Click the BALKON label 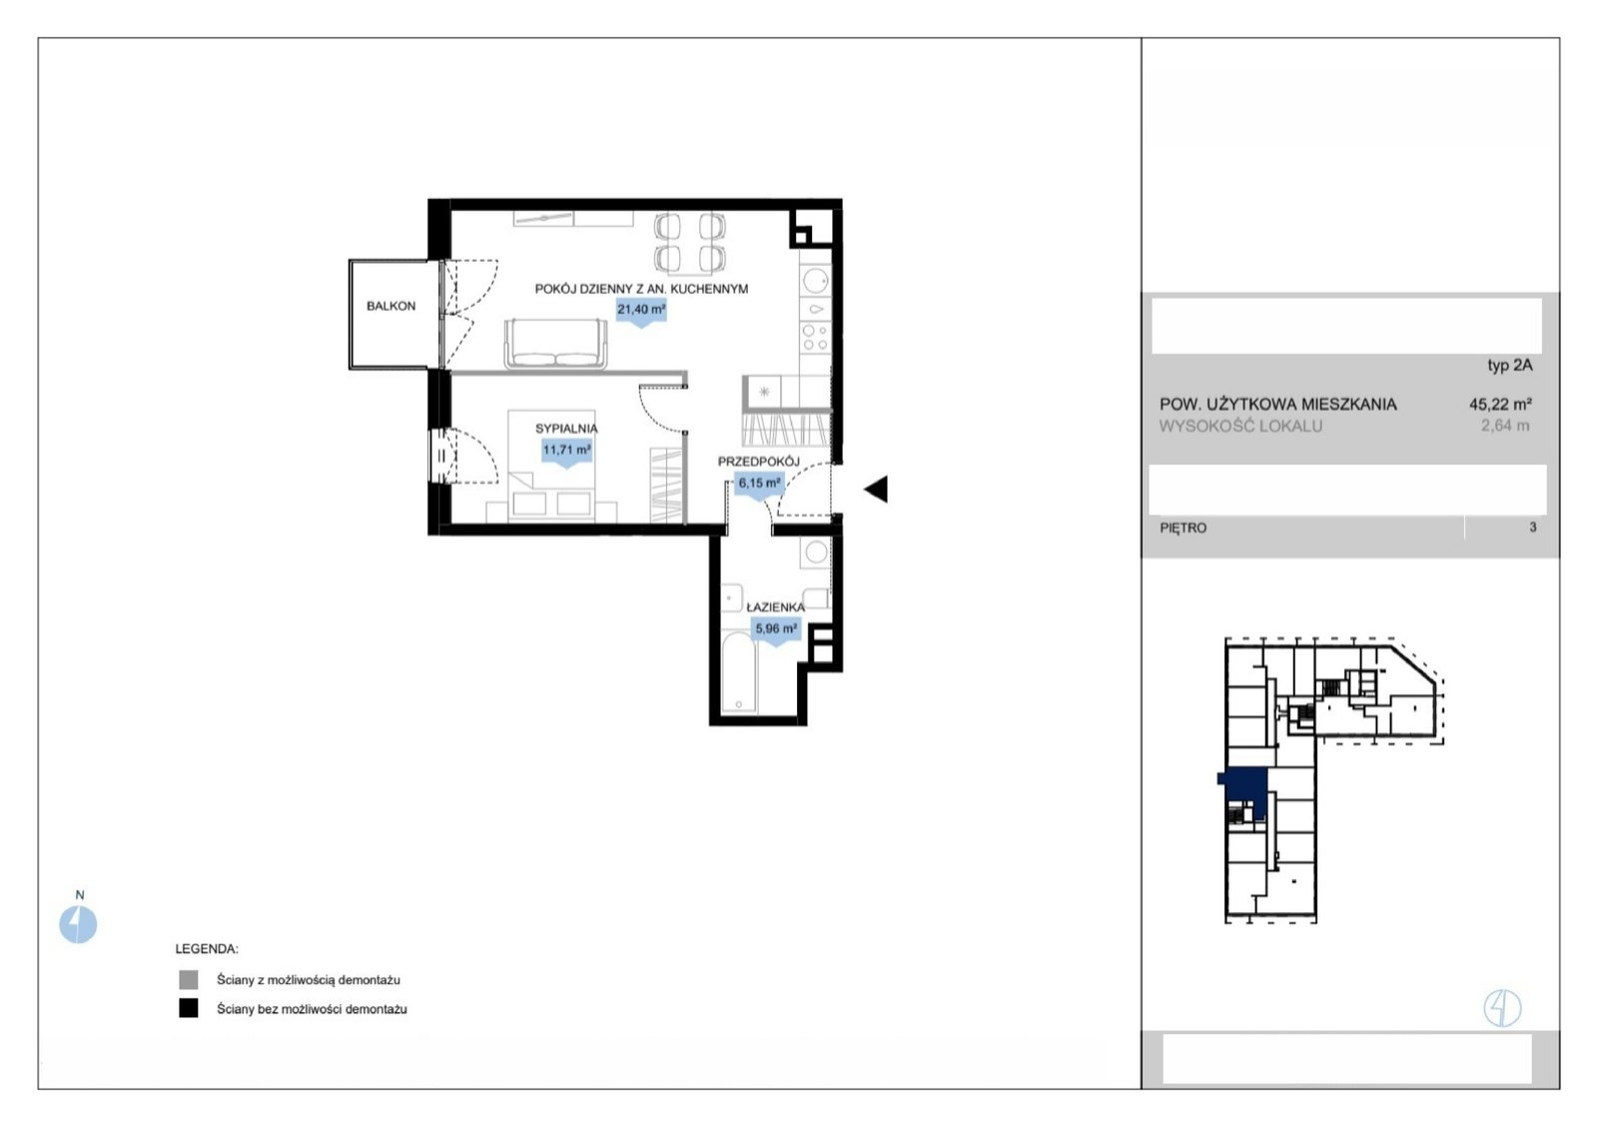click(391, 306)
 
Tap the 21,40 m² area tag click(641, 311)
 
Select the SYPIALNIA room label click(566, 429)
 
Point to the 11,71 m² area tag click(566, 452)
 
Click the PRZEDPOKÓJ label click(758, 462)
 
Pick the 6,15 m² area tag click(759, 485)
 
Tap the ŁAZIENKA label click(775, 607)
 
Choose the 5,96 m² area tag click(776, 630)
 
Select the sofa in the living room click(555, 344)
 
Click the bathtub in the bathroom click(738, 671)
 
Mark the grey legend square click(189, 980)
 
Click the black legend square click(189, 1008)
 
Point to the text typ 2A click(1509, 366)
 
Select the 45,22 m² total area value click(1500, 405)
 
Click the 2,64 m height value click(1505, 426)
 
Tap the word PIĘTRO click(1183, 529)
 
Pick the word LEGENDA click(207, 949)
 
